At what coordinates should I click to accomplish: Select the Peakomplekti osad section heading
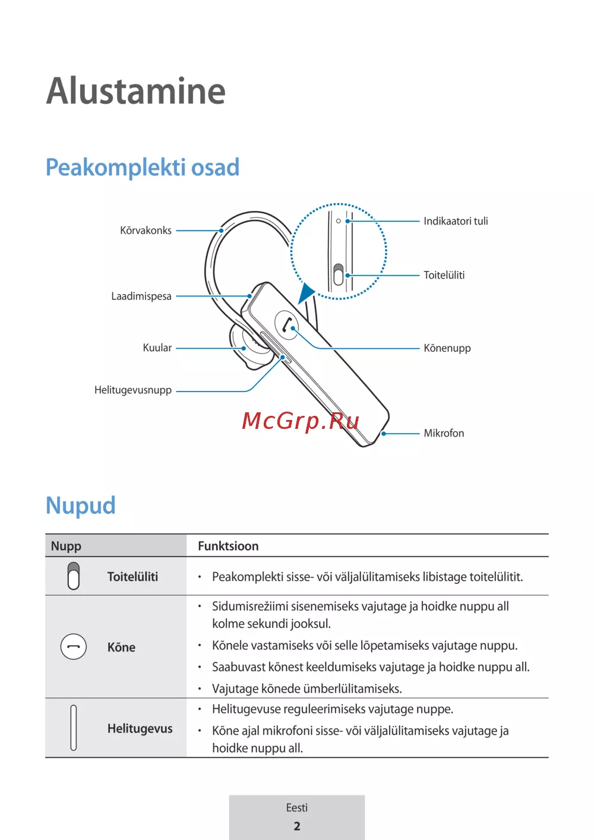[x=143, y=168]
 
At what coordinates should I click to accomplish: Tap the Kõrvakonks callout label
[x=146, y=230]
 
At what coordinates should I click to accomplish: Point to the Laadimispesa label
[x=141, y=296]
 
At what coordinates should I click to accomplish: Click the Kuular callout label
[x=157, y=348]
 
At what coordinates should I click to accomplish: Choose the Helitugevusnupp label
[x=133, y=390]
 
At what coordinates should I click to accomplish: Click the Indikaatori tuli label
[x=456, y=221]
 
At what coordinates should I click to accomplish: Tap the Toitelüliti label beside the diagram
[x=444, y=275]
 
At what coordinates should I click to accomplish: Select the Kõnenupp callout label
[x=447, y=348]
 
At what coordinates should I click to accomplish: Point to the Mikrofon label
[x=444, y=433]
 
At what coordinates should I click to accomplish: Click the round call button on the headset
[x=287, y=325]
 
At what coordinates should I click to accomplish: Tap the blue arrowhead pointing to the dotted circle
[x=307, y=293]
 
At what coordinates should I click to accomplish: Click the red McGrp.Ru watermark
[x=301, y=421]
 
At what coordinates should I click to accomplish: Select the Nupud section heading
[x=81, y=506]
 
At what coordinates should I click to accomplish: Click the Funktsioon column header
[x=228, y=546]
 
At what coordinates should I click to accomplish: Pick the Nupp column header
[x=66, y=546]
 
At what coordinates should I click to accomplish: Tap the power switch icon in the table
[x=74, y=576]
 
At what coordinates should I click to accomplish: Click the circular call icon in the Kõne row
[x=74, y=646]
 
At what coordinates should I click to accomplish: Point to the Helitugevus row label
[x=140, y=728]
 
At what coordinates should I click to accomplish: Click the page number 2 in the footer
[x=297, y=826]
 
